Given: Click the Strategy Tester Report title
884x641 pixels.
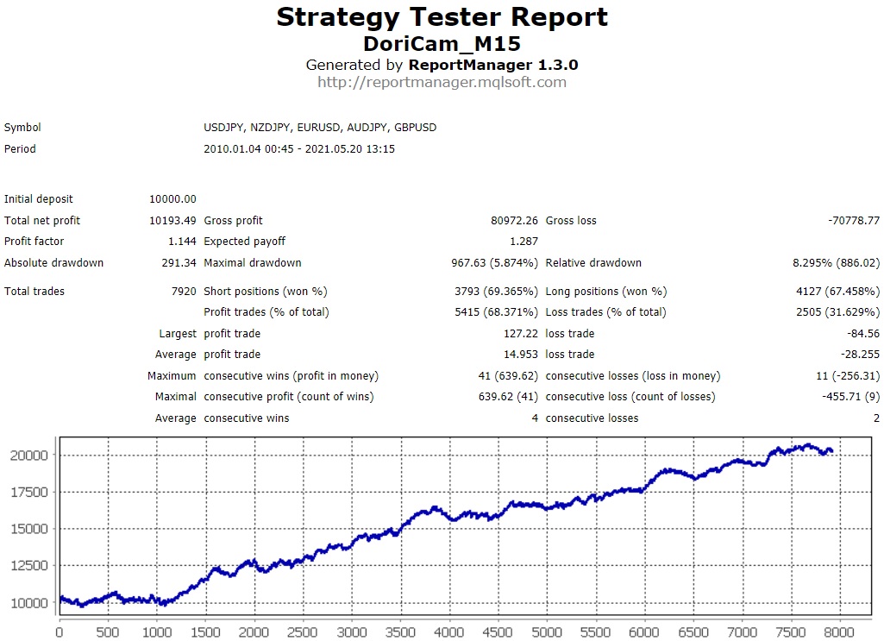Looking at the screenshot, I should (x=442, y=17).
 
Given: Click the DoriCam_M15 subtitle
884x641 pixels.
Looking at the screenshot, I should (x=442, y=43).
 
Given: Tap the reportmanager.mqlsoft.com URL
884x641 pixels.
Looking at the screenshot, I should (x=442, y=83).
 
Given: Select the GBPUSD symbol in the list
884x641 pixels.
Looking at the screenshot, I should (x=415, y=128).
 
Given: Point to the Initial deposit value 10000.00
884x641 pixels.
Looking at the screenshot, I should (x=172, y=199).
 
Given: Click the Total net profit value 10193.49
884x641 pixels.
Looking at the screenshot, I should (x=172, y=221).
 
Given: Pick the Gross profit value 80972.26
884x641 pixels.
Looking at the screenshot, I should (x=514, y=221).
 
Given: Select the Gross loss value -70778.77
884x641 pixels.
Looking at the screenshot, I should (x=853, y=221).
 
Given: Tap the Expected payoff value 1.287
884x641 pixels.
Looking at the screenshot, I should (x=524, y=242).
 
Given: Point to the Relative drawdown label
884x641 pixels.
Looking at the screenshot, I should (x=593, y=263).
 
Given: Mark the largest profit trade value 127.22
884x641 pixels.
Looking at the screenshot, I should (x=519, y=334).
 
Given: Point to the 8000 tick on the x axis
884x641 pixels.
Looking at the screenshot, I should (x=836, y=632).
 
